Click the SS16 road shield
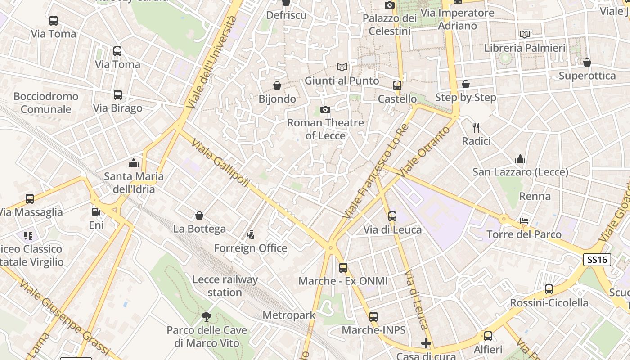(597, 260)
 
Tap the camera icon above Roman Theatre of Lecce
(325, 109)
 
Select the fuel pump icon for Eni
(96, 211)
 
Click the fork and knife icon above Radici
(476, 128)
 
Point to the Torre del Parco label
(524, 234)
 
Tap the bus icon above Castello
(397, 85)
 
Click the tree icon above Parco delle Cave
(207, 317)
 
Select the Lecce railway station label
(225, 286)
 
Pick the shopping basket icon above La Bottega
(199, 216)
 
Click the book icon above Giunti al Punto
(342, 67)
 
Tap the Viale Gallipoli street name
(220, 162)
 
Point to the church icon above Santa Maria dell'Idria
(134, 163)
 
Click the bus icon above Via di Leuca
(392, 216)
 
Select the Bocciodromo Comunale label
(46, 103)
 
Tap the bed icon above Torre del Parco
(524, 221)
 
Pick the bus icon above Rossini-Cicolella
(549, 289)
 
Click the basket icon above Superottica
(587, 63)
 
